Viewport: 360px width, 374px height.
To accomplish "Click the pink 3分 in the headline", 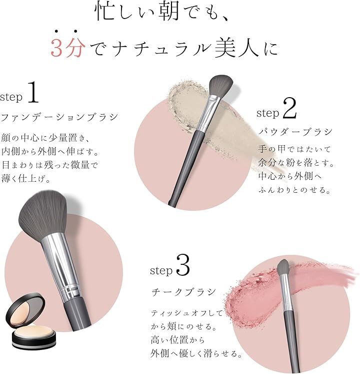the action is (68, 47).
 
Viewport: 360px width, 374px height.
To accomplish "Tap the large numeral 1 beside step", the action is (33, 92).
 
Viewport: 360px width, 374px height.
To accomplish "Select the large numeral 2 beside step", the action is (289, 109).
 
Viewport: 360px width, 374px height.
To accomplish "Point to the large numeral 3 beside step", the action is (183, 265).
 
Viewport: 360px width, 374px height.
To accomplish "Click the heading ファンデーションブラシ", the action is (59, 117).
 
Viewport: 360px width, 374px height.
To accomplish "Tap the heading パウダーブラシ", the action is (295, 132).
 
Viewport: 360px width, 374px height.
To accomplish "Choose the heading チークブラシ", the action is (183, 292).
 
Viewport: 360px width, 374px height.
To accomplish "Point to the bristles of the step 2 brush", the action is (220, 86).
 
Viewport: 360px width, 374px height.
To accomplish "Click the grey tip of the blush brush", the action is (283, 267).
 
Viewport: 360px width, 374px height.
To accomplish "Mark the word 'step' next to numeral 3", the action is (161, 270).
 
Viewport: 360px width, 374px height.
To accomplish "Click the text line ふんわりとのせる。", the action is (294, 190).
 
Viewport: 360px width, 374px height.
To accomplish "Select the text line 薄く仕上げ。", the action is (26, 178).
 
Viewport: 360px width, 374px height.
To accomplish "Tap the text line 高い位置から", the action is (177, 339).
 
